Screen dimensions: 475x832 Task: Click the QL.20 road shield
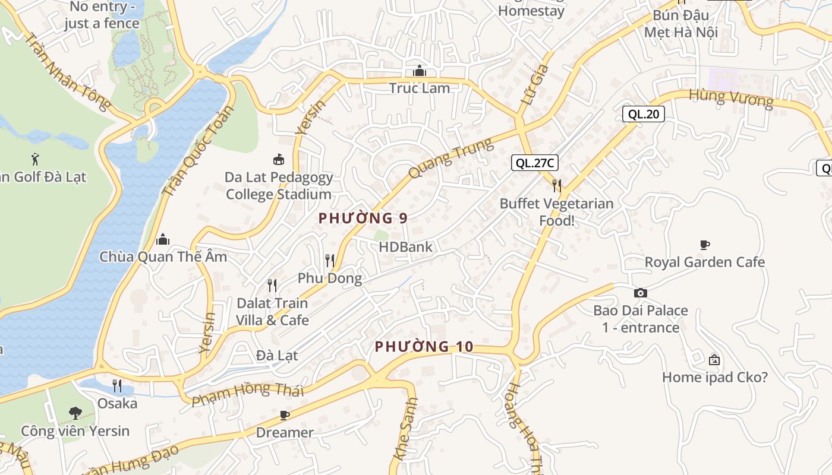[x=643, y=114]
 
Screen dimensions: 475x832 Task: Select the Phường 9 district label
[x=363, y=218]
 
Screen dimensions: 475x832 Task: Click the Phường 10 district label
[x=424, y=347]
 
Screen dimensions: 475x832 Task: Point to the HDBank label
[x=406, y=247]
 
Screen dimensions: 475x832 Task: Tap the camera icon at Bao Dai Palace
[x=640, y=293]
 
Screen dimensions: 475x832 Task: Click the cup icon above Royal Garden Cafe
[x=705, y=245]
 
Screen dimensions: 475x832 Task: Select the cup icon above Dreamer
[x=285, y=414]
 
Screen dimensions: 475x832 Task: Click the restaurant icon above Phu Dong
[x=330, y=260]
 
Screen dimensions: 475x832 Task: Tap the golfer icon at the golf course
[x=35, y=159]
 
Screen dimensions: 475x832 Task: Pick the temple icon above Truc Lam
[x=420, y=71]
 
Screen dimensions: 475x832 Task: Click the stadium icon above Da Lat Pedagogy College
[x=278, y=159]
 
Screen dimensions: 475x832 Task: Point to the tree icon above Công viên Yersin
[x=75, y=413]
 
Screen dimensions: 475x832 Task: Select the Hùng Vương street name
[x=731, y=99]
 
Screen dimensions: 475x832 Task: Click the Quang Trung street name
[x=450, y=159]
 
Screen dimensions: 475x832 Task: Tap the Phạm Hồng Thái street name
[x=248, y=394]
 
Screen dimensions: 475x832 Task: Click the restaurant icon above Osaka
[x=117, y=386]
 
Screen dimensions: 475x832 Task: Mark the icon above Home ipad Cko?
[x=714, y=360]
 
